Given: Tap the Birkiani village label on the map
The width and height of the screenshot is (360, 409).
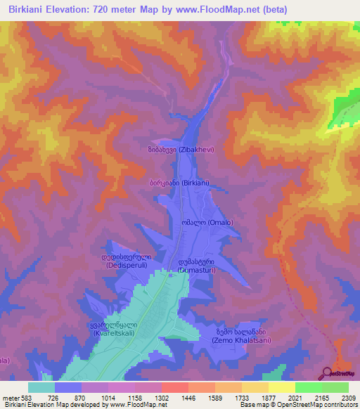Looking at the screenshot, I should [x=185, y=182].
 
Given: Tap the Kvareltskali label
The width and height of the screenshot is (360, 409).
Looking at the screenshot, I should [x=115, y=330].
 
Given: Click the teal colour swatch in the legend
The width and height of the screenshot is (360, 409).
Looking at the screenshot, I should [x=41, y=387].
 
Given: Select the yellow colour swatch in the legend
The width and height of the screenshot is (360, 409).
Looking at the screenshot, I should [x=281, y=387].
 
